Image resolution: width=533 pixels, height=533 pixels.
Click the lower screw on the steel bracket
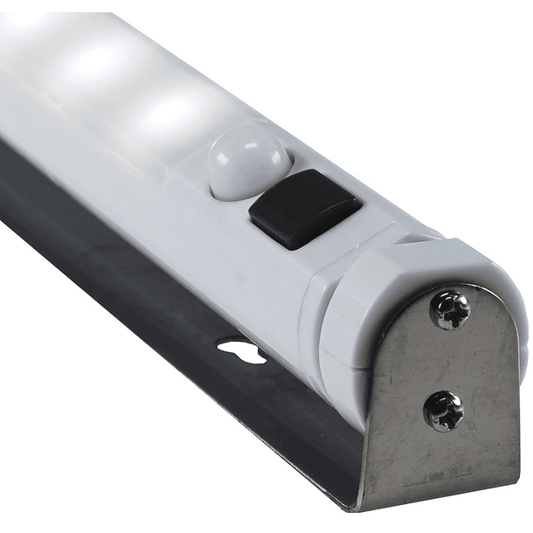click(x=443, y=409)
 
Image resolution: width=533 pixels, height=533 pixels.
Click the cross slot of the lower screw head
click(x=443, y=409)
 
